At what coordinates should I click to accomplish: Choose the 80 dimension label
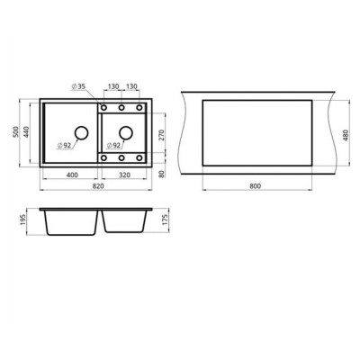tap(161, 174)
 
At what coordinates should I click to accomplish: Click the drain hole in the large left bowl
tap(81, 133)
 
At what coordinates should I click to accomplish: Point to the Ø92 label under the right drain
tap(114, 145)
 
